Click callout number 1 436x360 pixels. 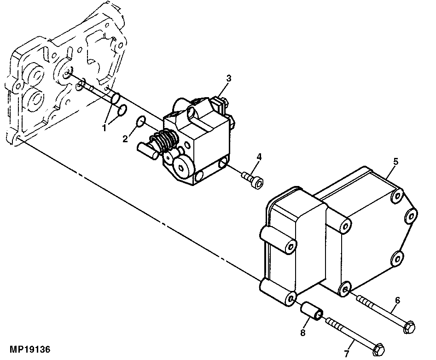coord(105,128)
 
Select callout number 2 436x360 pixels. coord(125,139)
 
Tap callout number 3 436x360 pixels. coord(228,79)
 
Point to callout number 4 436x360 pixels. coord(259,157)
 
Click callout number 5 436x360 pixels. coord(395,161)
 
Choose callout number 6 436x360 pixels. coord(397,300)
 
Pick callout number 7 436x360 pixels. coord(347,354)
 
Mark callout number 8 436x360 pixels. coord(303,332)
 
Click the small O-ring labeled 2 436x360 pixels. coord(141,121)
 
